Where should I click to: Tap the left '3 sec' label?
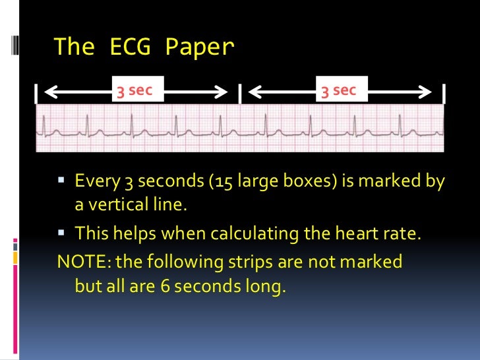[x=135, y=90]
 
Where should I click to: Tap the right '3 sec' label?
[x=338, y=90]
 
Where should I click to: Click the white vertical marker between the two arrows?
[x=240, y=93]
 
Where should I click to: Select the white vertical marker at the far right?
[x=444, y=93]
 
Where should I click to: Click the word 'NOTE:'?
[x=84, y=262]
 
